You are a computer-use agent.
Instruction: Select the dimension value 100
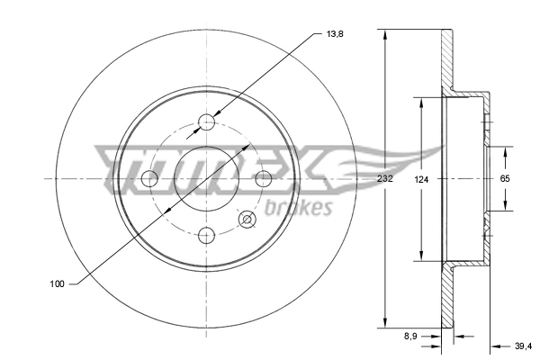[x=57, y=284]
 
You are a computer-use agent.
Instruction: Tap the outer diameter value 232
[x=385, y=180]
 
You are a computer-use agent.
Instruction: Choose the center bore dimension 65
[x=505, y=180]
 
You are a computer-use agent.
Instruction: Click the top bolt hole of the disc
[x=208, y=122]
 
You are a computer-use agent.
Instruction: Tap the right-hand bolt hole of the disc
[x=265, y=179]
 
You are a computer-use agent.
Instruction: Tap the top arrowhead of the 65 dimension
[x=505, y=147]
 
